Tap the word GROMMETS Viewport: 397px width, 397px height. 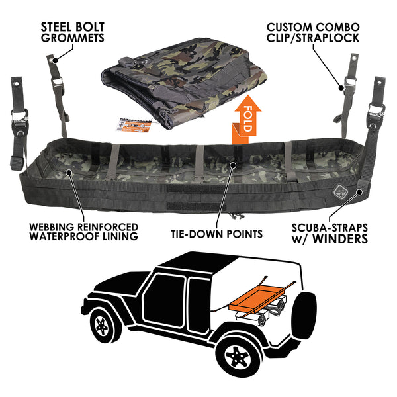[73, 38]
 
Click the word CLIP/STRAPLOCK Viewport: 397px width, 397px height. [313, 38]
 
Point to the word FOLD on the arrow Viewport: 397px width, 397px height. [247, 118]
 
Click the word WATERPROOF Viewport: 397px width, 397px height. [65, 236]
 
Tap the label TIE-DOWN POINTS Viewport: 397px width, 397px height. [217, 234]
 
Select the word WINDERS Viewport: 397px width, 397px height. [340, 239]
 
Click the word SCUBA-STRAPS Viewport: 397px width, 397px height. [330, 228]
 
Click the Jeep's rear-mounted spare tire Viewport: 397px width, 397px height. [304, 317]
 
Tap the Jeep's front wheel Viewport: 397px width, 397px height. [103, 327]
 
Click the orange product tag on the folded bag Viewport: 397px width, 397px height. [134, 125]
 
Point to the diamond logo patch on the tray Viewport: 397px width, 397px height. [339, 193]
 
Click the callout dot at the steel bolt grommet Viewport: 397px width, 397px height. [55, 60]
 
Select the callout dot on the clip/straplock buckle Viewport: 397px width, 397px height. [341, 88]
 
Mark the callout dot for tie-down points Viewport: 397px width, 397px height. [233, 165]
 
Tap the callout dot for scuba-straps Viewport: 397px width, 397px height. [359, 192]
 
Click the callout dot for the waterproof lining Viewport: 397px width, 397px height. [68, 173]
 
